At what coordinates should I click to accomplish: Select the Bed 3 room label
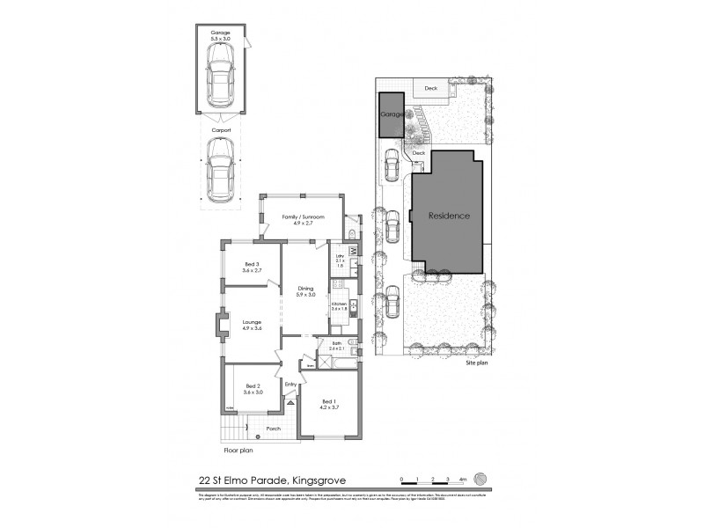(x=252, y=265)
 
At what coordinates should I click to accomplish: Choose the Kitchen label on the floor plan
(x=339, y=304)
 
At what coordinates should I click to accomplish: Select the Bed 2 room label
(x=253, y=386)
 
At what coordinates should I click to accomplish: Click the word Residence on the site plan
(x=449, y=216)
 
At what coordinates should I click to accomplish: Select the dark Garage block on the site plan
(x=391, y=115)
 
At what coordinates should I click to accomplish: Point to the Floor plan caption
(x=238, y=450)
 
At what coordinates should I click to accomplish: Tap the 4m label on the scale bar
(x=462, y=479)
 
